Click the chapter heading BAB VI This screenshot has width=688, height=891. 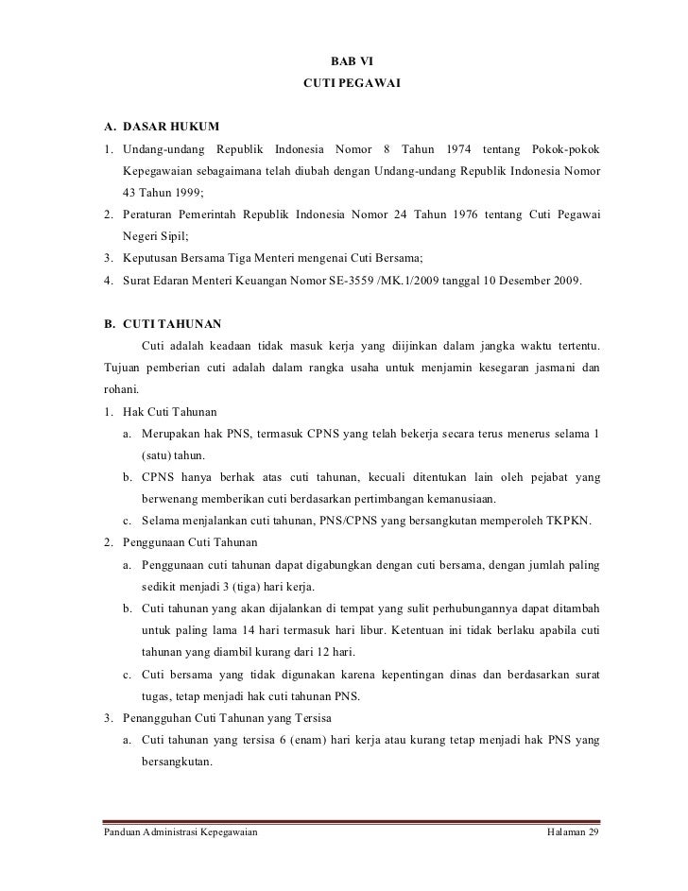pos(352,62)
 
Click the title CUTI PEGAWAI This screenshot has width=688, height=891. pos(352,85)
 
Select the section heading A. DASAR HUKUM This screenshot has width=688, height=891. pos(162,127)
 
